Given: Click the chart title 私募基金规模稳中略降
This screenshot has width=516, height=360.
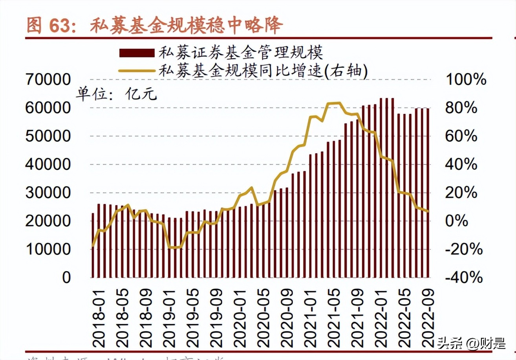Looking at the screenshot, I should click(186, 26).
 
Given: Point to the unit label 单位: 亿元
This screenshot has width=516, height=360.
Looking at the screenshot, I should click(116, 94).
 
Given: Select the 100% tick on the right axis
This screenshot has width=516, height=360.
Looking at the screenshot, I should click(467, 80).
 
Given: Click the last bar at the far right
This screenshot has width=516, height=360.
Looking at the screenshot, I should click(428, 193).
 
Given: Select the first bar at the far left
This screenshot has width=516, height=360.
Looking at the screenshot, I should click(93, 245).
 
